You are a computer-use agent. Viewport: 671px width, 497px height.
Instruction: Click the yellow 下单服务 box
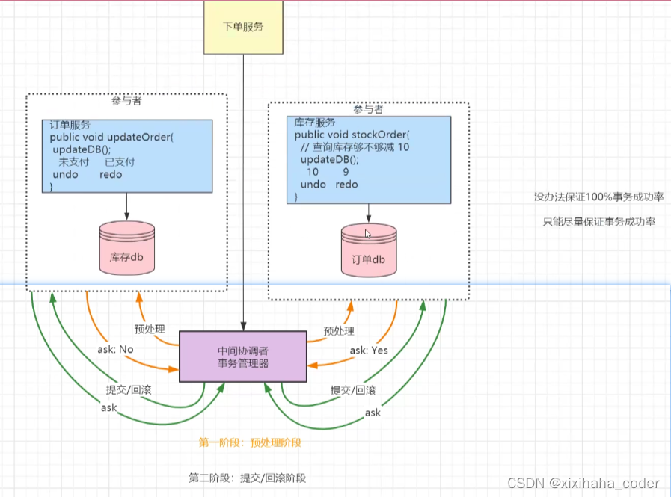[x=243, y=28]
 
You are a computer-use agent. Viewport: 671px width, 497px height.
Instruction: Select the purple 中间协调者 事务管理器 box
[x=242, y=356]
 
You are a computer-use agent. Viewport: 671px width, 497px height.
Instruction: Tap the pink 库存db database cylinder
[x=126, y=251]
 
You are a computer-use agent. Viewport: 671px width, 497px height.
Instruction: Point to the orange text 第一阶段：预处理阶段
[x=250, y=442]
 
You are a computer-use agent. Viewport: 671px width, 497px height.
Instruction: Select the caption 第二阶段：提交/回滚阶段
[x=248, y=478]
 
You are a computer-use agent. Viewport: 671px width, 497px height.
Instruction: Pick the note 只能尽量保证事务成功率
[x=598, y=222]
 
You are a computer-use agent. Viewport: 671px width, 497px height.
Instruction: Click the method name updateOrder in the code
[x=140, y=138]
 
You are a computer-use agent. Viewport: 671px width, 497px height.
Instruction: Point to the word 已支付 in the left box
[x=120, y=162]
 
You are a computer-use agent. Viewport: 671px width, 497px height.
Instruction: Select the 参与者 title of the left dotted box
[x=126, y=102]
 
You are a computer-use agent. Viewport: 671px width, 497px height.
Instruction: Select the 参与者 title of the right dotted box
[x=368, y=110]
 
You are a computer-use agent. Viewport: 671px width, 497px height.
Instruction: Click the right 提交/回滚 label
[x=353, y=390]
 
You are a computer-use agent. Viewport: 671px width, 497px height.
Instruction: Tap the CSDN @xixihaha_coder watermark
[x=583, y=484]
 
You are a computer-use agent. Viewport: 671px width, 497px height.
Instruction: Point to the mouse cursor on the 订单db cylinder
[x=367, y=234]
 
